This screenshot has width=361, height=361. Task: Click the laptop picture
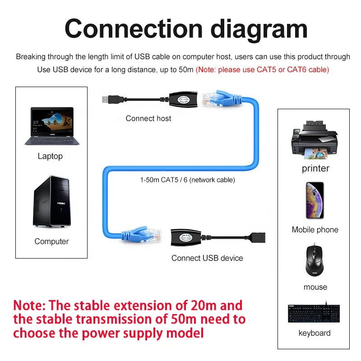point(51,126)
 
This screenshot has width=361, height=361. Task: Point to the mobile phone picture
point(315,200)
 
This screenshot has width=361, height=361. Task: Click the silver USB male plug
point(106,98)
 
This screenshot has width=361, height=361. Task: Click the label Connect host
point(148,118)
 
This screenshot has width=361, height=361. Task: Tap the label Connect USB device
point(207,258)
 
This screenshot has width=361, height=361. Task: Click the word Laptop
point(50,156)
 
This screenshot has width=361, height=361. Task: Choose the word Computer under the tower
point(51,241)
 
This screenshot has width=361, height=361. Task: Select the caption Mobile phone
point(315,230)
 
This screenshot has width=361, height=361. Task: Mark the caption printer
point(315,168)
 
